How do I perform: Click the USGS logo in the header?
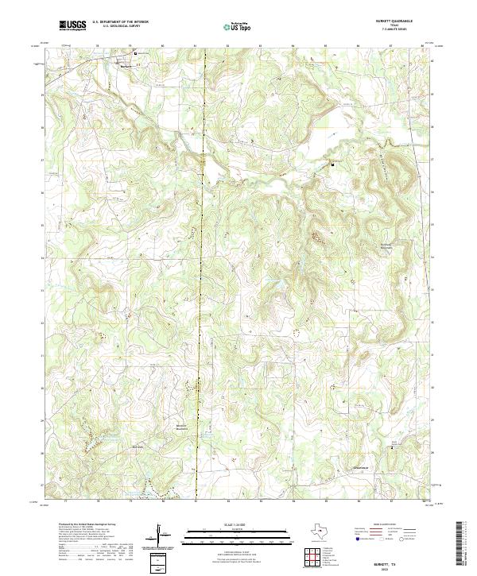coord(72,25)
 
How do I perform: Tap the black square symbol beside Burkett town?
coord(135,54)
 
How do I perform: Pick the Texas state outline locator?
coord(325,531)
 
